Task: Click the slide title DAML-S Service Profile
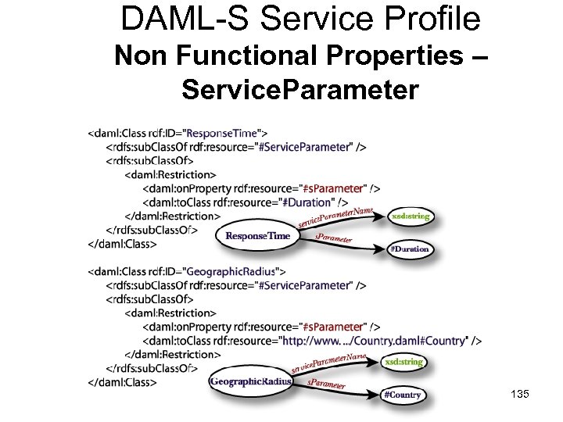click(300, 18)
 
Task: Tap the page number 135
click(518, 395)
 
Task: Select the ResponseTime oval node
click(258, 235)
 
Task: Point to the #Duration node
click(409, 249)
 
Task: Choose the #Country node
click(403, 395)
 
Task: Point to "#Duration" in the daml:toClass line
click(305, 202)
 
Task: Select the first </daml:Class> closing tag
click(123, 244)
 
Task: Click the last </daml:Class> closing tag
click(123, 382)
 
